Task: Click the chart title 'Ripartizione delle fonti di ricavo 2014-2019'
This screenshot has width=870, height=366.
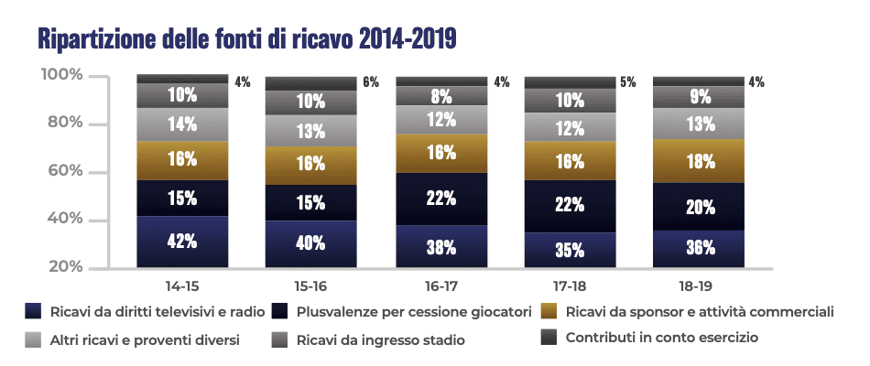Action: coord(246,39)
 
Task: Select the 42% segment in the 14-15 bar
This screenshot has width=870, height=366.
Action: coord(182,242)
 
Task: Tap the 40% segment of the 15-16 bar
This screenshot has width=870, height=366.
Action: coord(310,243)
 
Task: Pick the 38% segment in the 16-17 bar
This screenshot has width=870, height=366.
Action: coord(440,246)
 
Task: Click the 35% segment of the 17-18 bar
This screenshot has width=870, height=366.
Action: coord(569,249)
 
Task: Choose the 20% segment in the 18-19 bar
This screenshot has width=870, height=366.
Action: coord(699,207)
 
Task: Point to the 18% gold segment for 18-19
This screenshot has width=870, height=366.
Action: coord(699,161)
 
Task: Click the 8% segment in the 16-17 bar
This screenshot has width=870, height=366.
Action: coord(440,95)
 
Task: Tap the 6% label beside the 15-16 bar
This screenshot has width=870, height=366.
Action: coord(370,81)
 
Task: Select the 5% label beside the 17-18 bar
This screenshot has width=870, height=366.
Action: coord(628,81)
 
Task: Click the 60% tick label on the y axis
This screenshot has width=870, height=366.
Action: coord(66,171)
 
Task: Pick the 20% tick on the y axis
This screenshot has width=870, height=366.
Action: coord(66,267)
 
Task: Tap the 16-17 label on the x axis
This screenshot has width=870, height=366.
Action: coord(440,285)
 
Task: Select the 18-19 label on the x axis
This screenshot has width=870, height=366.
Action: coord(699,285)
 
